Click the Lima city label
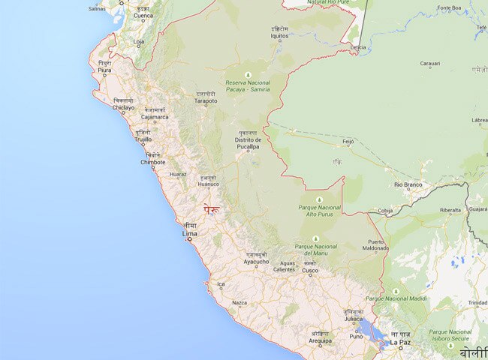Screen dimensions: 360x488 (190, 234)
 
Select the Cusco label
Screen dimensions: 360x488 (310, 271)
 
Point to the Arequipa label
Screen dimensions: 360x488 (321, 340)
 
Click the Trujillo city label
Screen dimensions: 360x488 (142, 139)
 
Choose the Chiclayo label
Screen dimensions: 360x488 (124, 107)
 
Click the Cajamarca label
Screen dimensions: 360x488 (155, 117)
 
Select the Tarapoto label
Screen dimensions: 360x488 (206, 101)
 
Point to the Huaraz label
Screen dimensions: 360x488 (178, 174)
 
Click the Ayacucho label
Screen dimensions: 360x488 (256, 264)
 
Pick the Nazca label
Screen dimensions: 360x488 (239, 302)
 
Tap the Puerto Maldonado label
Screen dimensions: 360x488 (376, 245)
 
